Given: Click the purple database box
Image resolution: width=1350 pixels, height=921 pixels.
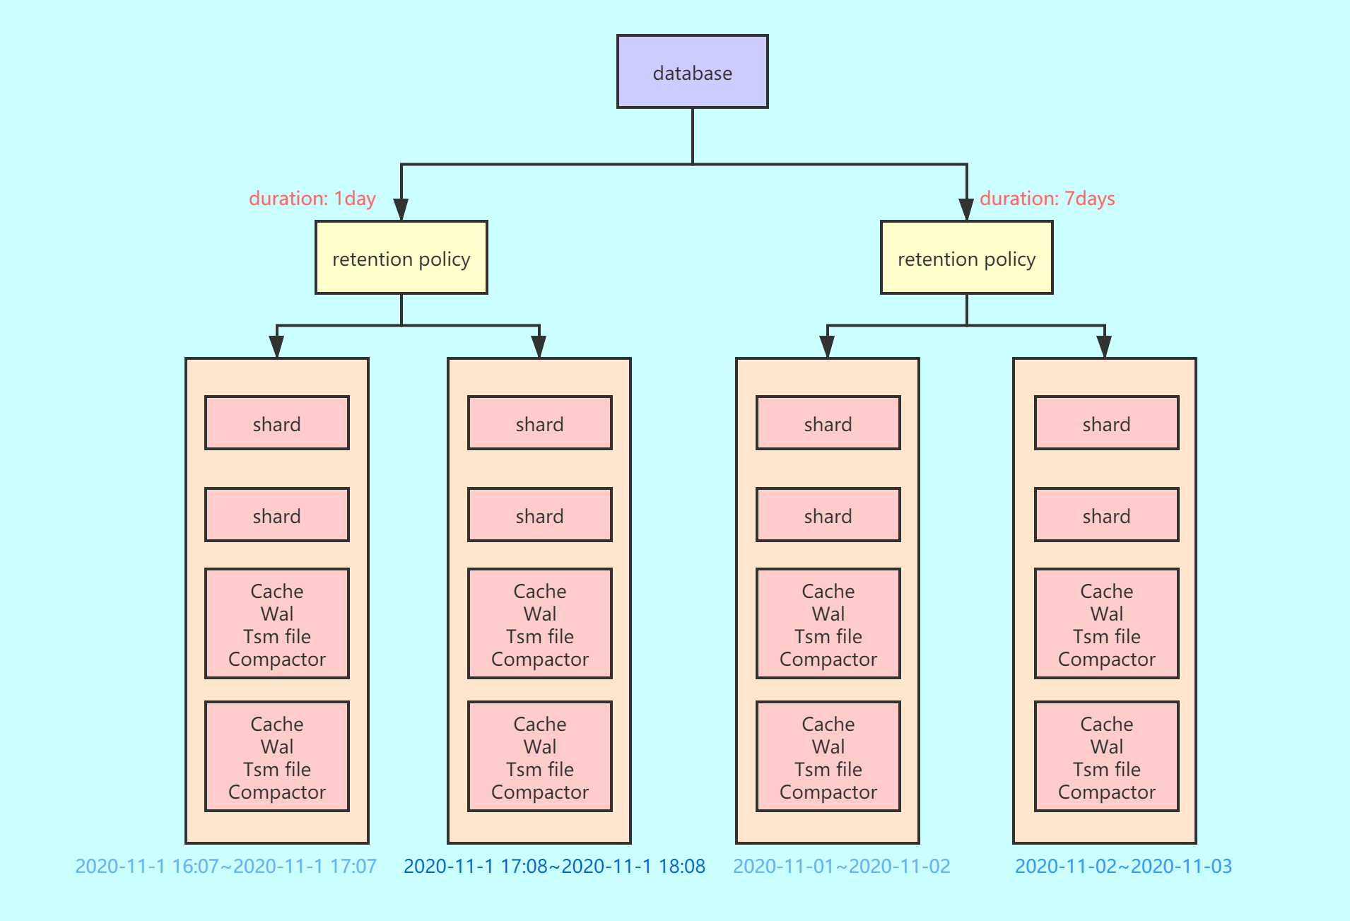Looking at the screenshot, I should [x=692, y=72].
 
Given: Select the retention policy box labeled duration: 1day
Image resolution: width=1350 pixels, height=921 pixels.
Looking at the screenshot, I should [x=401, y=258].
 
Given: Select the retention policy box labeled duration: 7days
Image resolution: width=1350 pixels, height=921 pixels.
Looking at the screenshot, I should [x=966, y=258].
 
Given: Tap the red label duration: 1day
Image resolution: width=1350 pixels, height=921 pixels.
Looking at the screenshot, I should [x=312, y=199].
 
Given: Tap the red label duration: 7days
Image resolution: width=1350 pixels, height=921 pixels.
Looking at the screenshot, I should [x=1047, y=199].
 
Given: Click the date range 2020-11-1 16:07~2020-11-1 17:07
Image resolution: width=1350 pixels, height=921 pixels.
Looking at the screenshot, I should [x=225, y=866].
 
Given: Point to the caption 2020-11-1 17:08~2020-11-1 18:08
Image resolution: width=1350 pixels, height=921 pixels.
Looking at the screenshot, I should [x=554, y=866].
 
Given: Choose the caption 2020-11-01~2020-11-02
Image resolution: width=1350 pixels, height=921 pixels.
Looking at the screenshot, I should [x=841, y=866].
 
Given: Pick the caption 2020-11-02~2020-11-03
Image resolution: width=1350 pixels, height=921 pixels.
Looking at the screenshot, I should [x=1123, y=866].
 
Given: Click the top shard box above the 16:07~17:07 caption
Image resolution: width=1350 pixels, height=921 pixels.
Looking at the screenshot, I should [x=276, y=423].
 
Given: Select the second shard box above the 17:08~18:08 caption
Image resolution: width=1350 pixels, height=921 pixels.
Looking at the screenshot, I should [x=539, y=515].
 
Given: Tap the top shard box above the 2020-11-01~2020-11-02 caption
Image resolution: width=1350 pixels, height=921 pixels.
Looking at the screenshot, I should [x=828, y=423].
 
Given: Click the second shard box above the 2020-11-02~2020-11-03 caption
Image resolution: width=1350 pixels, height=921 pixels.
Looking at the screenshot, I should [x=1106, y=515].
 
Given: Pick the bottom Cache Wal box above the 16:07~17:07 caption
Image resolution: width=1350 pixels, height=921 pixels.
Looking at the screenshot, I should [x=276, y=757].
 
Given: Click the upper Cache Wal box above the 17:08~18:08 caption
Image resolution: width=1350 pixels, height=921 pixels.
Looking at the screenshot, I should [x=539, y=624].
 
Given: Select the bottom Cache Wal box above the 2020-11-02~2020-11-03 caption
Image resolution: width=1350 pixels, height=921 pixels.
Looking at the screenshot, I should [x=1106, y=757].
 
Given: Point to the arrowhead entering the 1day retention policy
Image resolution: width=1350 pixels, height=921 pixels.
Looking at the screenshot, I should [x=401, y=209].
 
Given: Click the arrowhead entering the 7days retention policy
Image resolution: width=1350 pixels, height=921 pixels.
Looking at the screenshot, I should [x=966, y=209].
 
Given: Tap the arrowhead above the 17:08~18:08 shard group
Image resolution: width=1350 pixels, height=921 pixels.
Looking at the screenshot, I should [x=539, y=346].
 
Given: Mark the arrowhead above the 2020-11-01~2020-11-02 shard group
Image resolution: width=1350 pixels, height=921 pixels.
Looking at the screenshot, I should [x=827, y=346].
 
